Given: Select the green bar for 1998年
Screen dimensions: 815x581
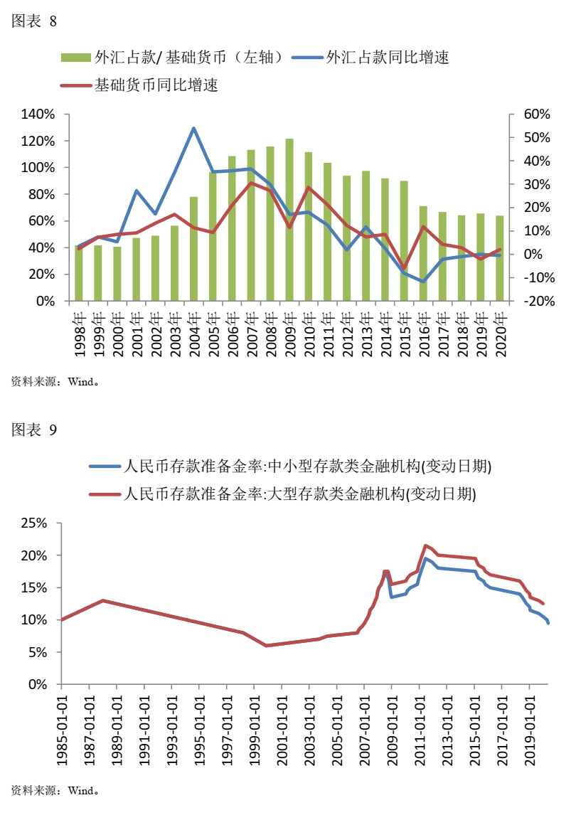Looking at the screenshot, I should coord(79,273).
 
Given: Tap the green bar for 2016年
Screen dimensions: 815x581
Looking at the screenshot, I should coord(424,253).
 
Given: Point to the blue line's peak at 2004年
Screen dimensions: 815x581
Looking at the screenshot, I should coord(194,128).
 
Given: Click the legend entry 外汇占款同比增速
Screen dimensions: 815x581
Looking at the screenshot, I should coord(387,58).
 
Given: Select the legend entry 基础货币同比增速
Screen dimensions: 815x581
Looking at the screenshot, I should coord(156,85).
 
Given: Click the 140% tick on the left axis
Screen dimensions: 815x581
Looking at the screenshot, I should coord(38,114).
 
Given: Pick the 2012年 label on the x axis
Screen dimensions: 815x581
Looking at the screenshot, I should coord(348,332).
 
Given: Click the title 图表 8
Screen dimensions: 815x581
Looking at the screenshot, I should coord(34,21).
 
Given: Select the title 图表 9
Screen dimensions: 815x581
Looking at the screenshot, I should coord(34,429).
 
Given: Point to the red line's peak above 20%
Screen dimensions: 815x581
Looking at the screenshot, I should coord(425,545).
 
